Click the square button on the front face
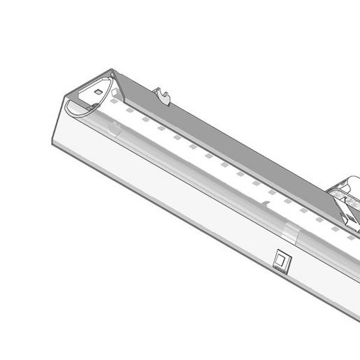[x=281, y=260]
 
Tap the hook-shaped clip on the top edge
[x=164, y=95]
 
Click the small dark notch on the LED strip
[x=266, y=203]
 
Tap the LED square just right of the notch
[x=287, y=203]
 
